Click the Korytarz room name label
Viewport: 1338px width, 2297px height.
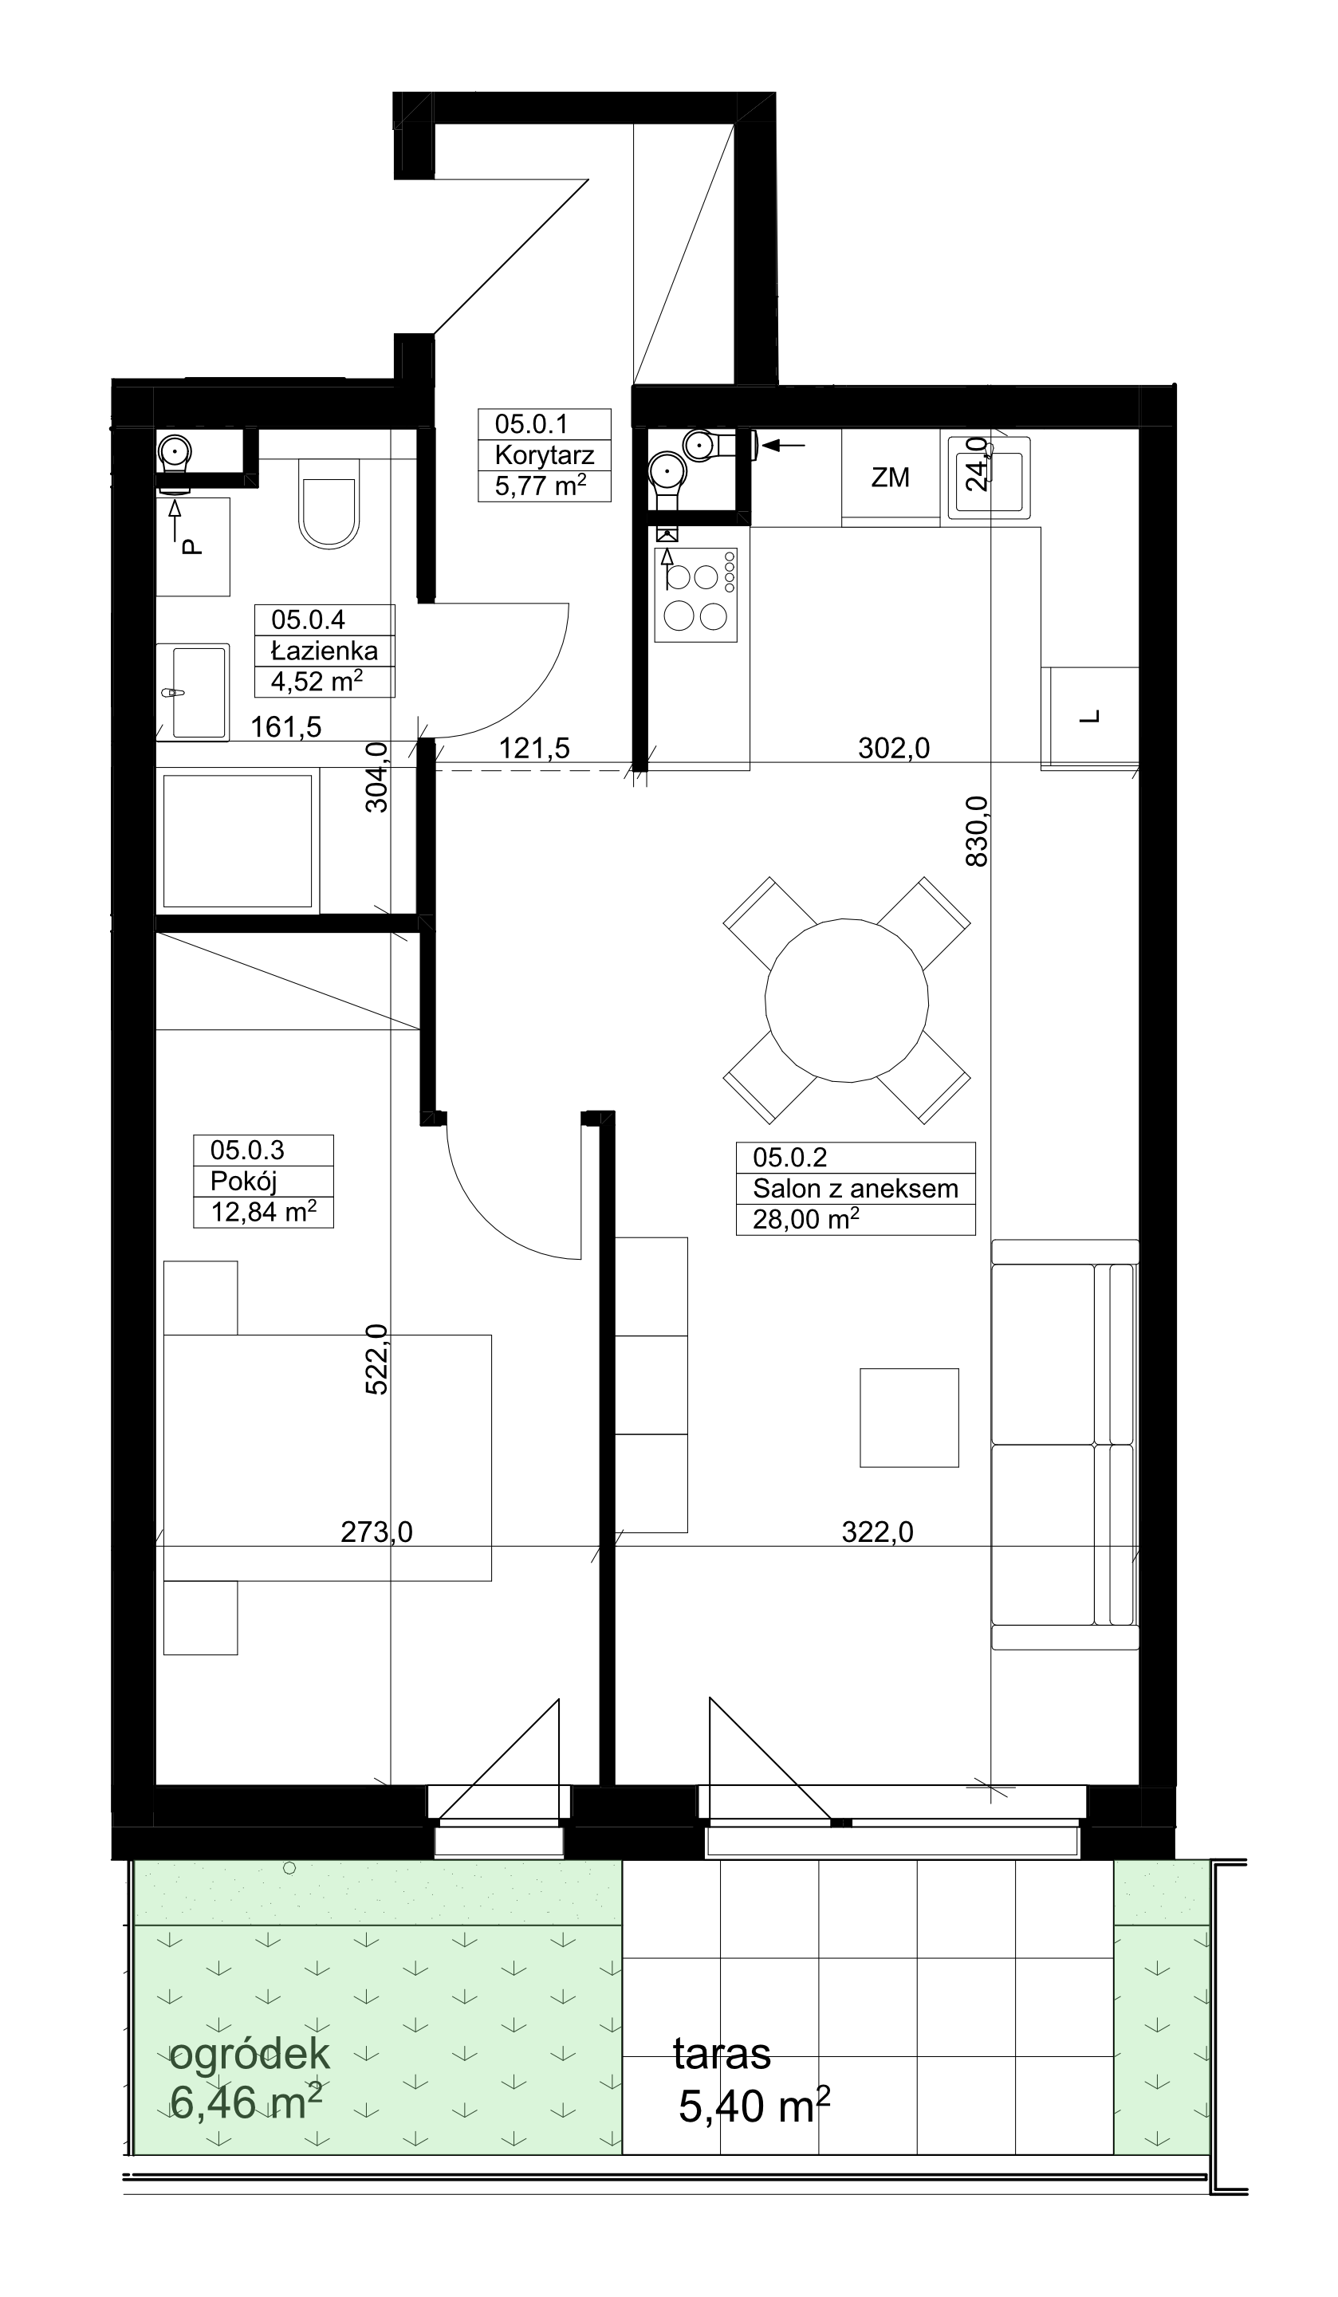point(544,454)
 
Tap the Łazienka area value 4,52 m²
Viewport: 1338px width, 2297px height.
point(317,681)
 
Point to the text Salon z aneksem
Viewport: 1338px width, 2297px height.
point(855,1189)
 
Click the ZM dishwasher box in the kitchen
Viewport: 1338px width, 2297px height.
point(891,477)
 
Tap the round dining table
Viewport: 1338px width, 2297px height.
point(847,1000)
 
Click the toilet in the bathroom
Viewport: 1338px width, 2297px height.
point(328,504)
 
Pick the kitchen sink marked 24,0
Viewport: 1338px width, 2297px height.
point(989,478)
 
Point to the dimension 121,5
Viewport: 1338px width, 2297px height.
point(534,749)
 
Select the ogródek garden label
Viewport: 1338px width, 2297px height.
point(250,2055)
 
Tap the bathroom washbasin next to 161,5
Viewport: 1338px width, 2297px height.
point(192,692)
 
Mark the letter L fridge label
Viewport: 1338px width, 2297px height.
point(1090,717)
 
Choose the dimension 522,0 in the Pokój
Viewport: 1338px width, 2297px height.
point(376,1359)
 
